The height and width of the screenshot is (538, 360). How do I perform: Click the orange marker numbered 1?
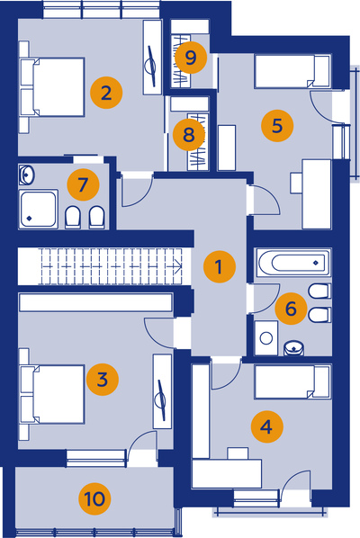[x=220, y=266]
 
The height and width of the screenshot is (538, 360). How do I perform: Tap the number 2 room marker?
[x=106, y=93]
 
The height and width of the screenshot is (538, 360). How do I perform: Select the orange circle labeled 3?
[x=103, y=380]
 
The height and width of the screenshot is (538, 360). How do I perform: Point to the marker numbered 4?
[x=266, y=426]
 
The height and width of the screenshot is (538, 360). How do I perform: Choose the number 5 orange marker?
[x=277, y=126]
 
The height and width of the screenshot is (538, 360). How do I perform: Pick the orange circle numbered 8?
[x=189, y=134]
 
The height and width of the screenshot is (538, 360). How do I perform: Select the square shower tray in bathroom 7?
[x=39, y=209]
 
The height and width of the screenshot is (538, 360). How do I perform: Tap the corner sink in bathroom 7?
[x=26, y=175]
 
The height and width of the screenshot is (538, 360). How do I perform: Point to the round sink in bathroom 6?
[x=293, y=347]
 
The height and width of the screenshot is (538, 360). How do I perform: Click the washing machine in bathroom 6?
[x=266, y=338]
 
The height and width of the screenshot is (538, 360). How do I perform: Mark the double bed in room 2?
[x=52, y=87]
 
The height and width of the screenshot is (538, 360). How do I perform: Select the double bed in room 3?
[x=52, y=394]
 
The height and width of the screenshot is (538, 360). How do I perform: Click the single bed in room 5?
[x=292, y=71]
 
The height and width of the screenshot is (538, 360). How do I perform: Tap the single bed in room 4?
[x=292, y=381]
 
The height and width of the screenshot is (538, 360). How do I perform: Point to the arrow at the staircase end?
[x=177, y=265]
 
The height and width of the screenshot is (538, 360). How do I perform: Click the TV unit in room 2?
[x=152, y=57]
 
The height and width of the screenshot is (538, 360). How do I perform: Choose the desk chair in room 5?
[x=296, y=183]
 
